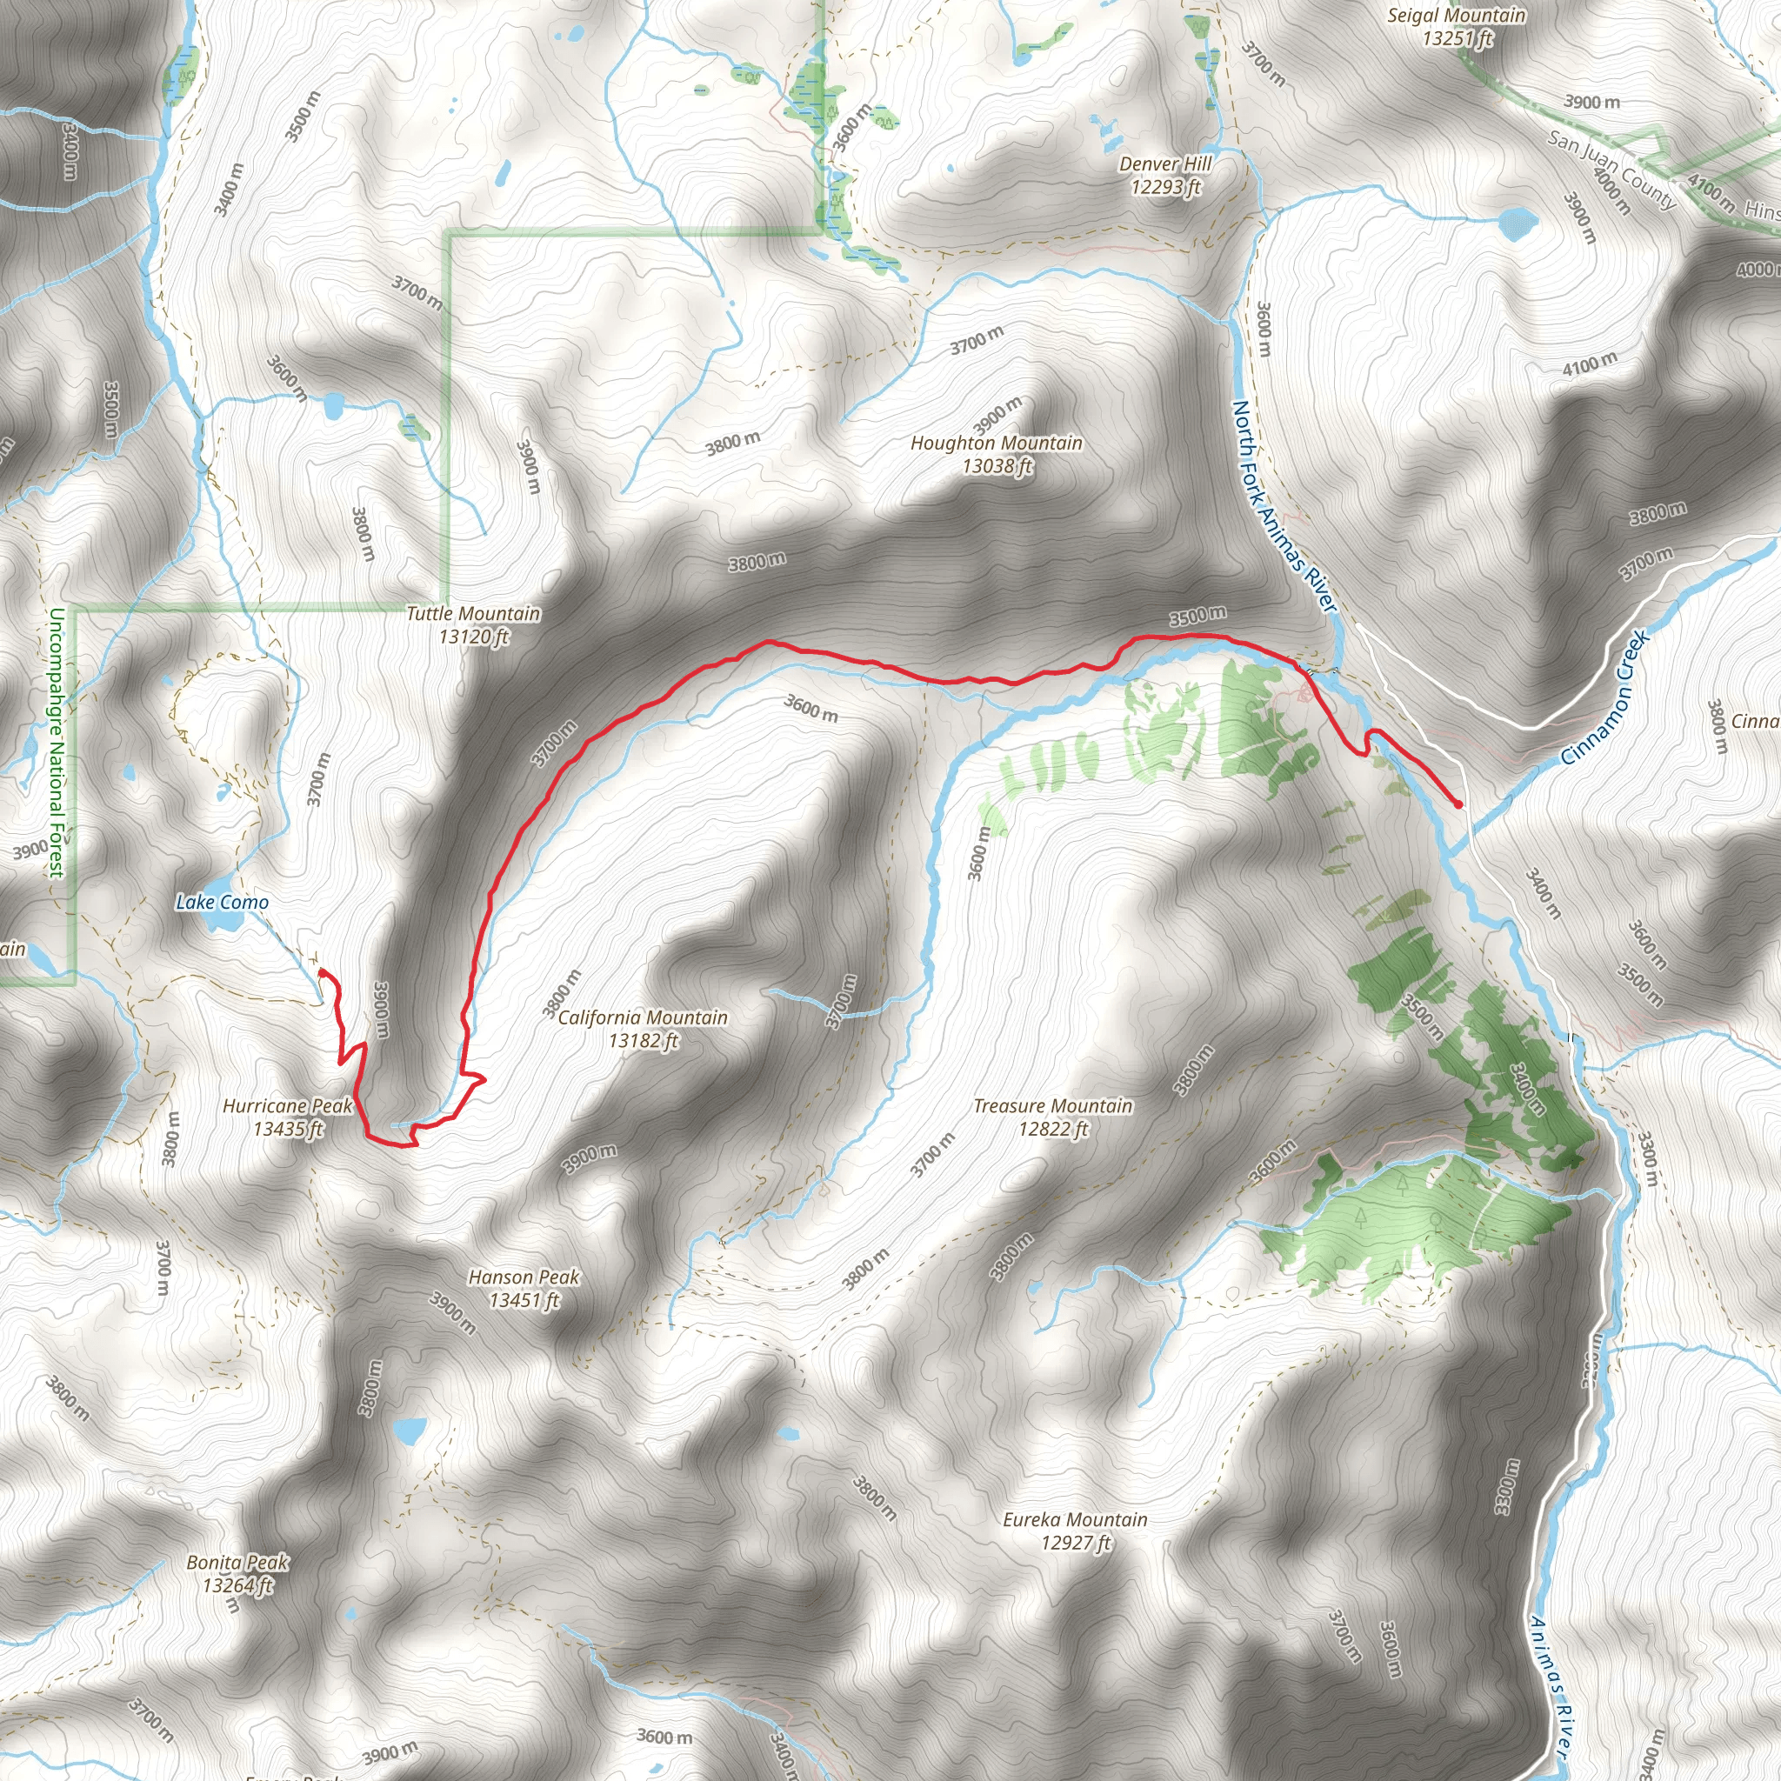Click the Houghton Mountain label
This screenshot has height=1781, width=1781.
[997, 455]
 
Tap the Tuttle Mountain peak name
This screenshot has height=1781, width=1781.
[474, 625]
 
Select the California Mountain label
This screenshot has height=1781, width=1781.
[643, 1029]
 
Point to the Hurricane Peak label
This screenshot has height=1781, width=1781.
[288, 1117]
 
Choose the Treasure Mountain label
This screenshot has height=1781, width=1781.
[1053, 1117]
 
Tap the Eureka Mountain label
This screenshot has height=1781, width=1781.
[1075, 1531]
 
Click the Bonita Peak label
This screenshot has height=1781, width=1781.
[237, 1573]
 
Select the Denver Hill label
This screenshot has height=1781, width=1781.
[1165, 175]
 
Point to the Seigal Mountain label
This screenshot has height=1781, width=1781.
[1457, 26]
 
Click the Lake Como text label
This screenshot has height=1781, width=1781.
[222, 903]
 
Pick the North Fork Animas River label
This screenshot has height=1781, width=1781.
[1284, 505]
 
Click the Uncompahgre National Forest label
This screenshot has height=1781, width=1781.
[57, 742]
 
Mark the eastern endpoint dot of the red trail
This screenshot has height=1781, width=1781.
[1457, 804]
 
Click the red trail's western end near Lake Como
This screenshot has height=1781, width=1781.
[321, 971]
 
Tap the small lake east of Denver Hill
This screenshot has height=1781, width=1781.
[1518, 222]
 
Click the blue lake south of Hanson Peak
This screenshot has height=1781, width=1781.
[410, 1431]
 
